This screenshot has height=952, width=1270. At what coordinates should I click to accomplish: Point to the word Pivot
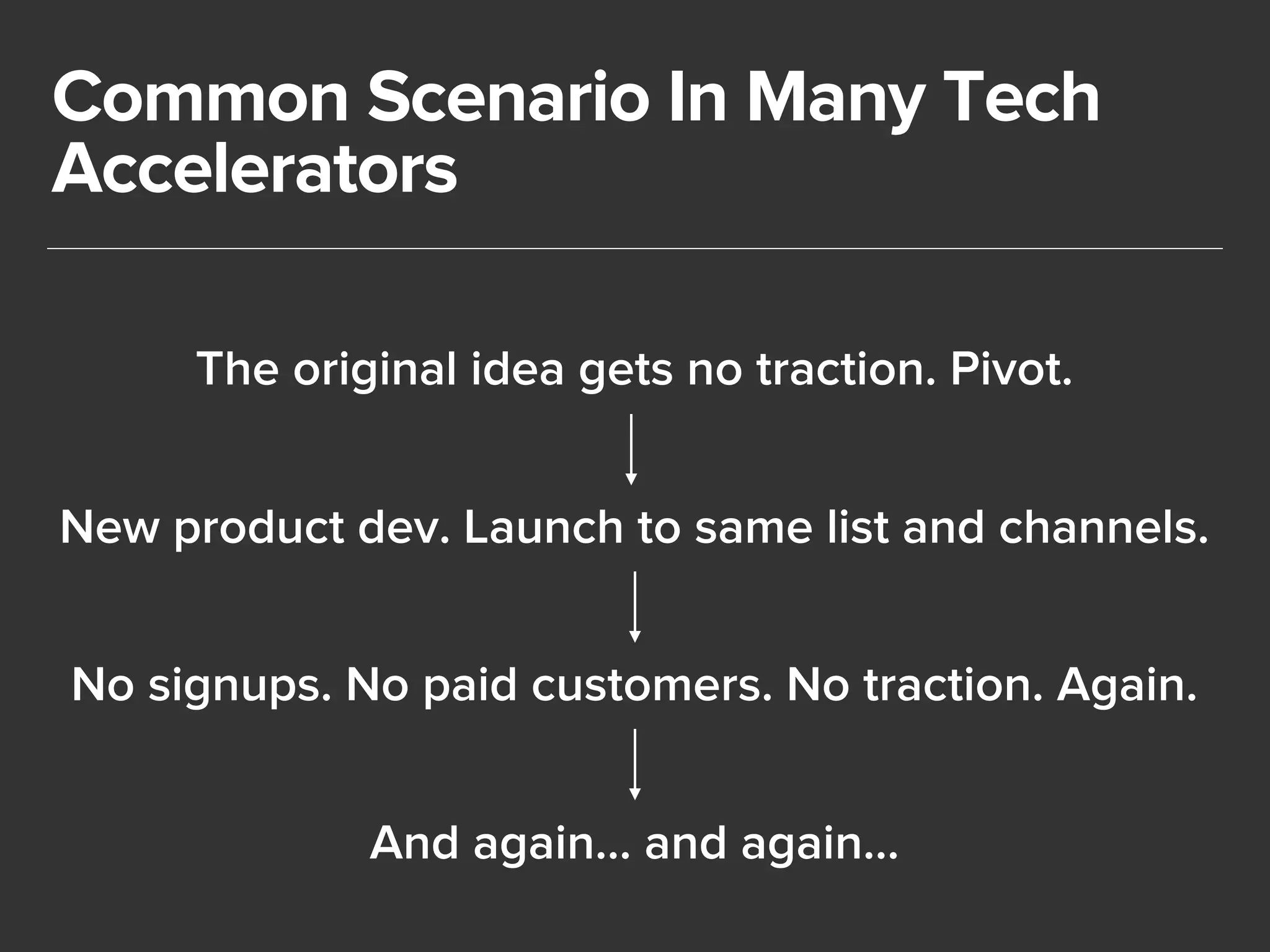1010,369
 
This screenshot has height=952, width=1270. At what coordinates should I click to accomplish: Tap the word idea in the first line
517,369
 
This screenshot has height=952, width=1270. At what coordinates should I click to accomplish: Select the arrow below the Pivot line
631,449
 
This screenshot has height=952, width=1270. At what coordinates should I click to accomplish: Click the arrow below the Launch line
634,607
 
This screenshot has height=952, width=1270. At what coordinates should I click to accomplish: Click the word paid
471,687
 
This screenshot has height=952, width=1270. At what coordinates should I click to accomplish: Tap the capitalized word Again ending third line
1126,687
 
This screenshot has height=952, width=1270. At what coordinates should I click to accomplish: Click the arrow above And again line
634,764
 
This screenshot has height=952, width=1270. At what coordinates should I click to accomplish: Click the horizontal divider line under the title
634,249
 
